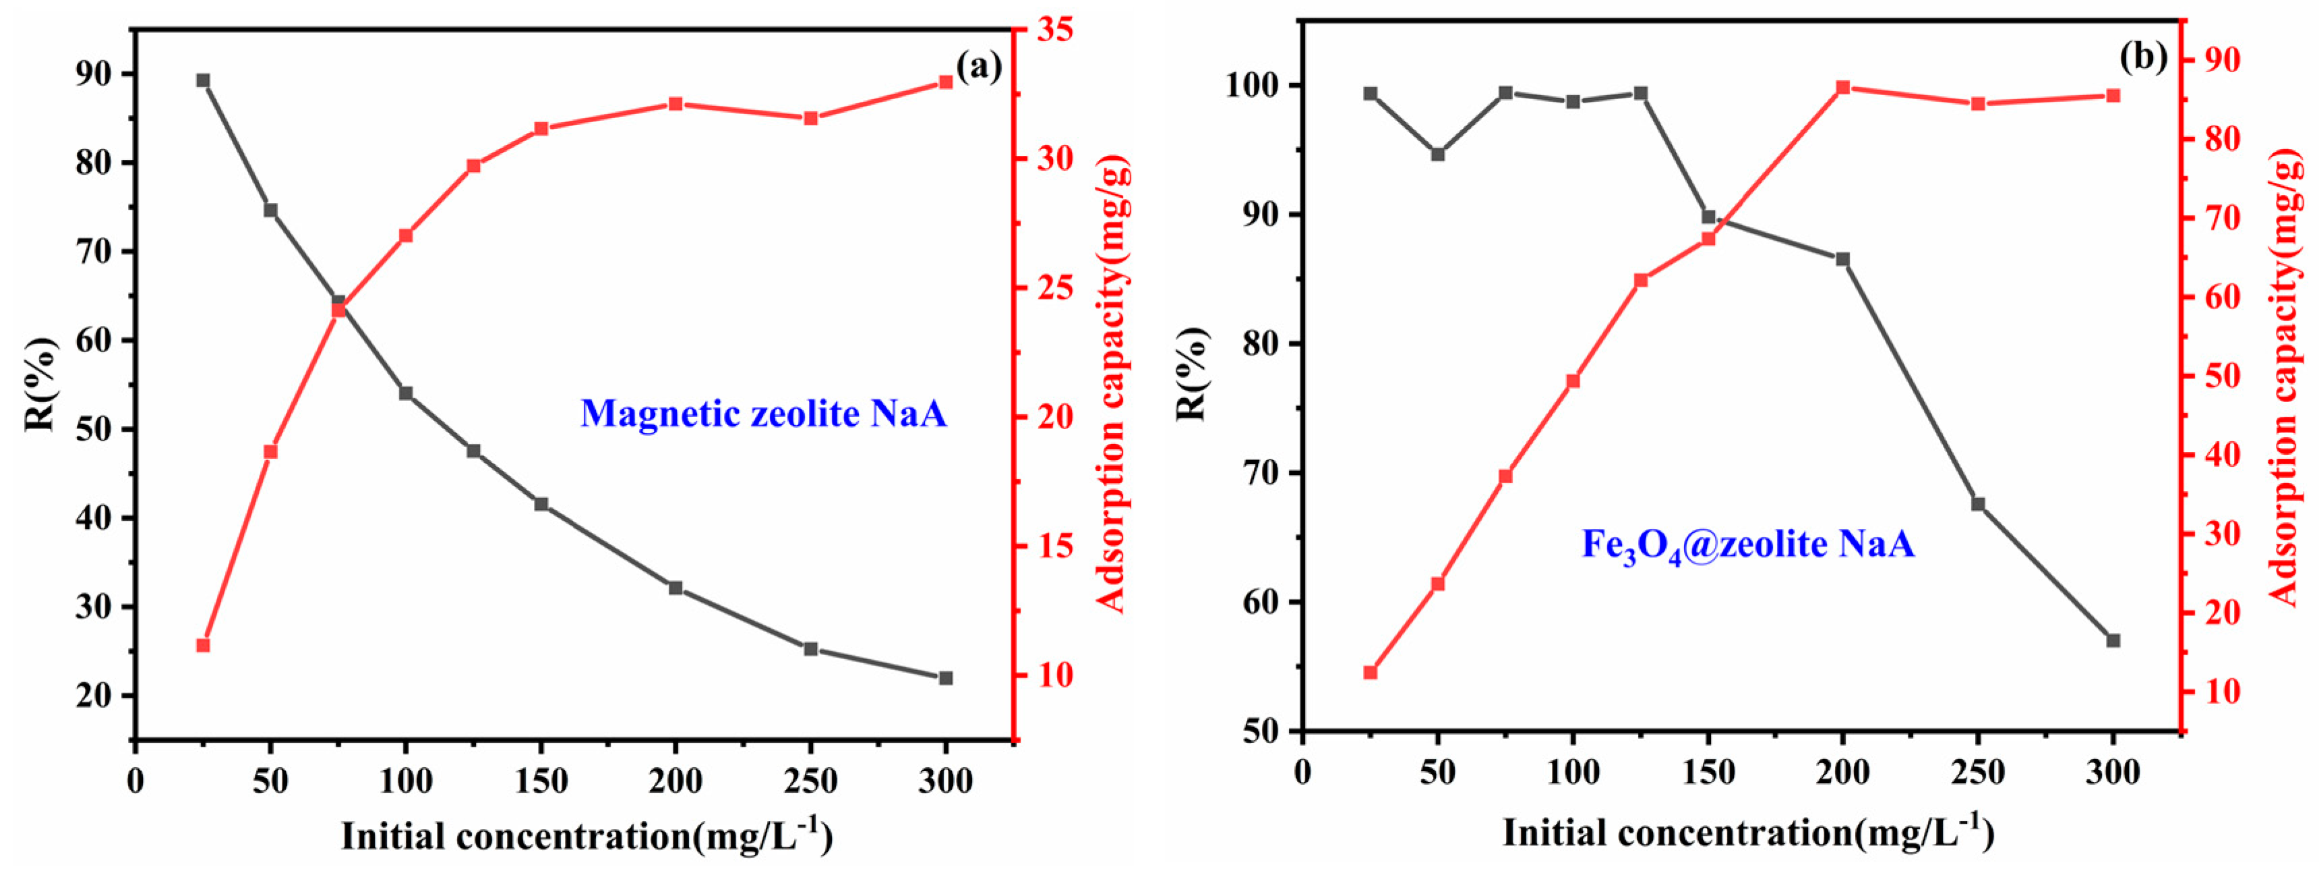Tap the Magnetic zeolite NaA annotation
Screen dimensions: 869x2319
click(x=763, y=414)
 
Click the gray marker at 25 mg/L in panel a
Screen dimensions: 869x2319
click(x=204, y=81)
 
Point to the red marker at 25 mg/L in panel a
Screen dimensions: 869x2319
click(x=204, y=646)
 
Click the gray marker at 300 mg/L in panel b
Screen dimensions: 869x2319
click(x=2113, y=665)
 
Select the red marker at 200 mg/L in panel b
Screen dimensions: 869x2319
click(x=1843, y=87)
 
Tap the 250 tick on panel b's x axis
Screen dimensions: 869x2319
click(x=1978, y=773)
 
